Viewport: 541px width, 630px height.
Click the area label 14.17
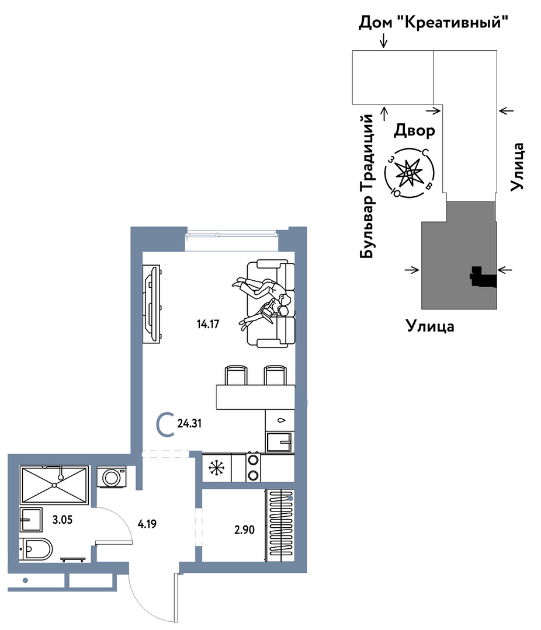pos(208,324)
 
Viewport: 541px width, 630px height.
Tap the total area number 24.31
pos(189,423)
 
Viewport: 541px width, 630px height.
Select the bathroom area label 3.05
pos(63,520)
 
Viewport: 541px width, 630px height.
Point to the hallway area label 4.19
pos(147,524)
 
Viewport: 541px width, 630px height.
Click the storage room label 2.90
pos(244,530)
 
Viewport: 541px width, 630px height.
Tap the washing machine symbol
pos(112,477)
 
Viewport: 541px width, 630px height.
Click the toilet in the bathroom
pos(36,549)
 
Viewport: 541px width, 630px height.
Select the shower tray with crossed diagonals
pos(54,485)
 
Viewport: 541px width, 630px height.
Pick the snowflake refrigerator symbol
pos(216,468)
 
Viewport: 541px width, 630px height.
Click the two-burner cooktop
pos(253,467)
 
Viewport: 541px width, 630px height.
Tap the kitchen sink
pos(279,442)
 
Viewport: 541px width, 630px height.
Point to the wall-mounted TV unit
pos(152,304)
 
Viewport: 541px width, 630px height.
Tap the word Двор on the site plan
pos(414,131)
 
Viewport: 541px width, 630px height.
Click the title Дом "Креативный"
pos(434,22)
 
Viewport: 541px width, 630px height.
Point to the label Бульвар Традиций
pos(367,186)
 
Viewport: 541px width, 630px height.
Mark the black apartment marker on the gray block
pos(483,277)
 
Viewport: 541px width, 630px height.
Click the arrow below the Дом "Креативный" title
pos(384,40)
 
